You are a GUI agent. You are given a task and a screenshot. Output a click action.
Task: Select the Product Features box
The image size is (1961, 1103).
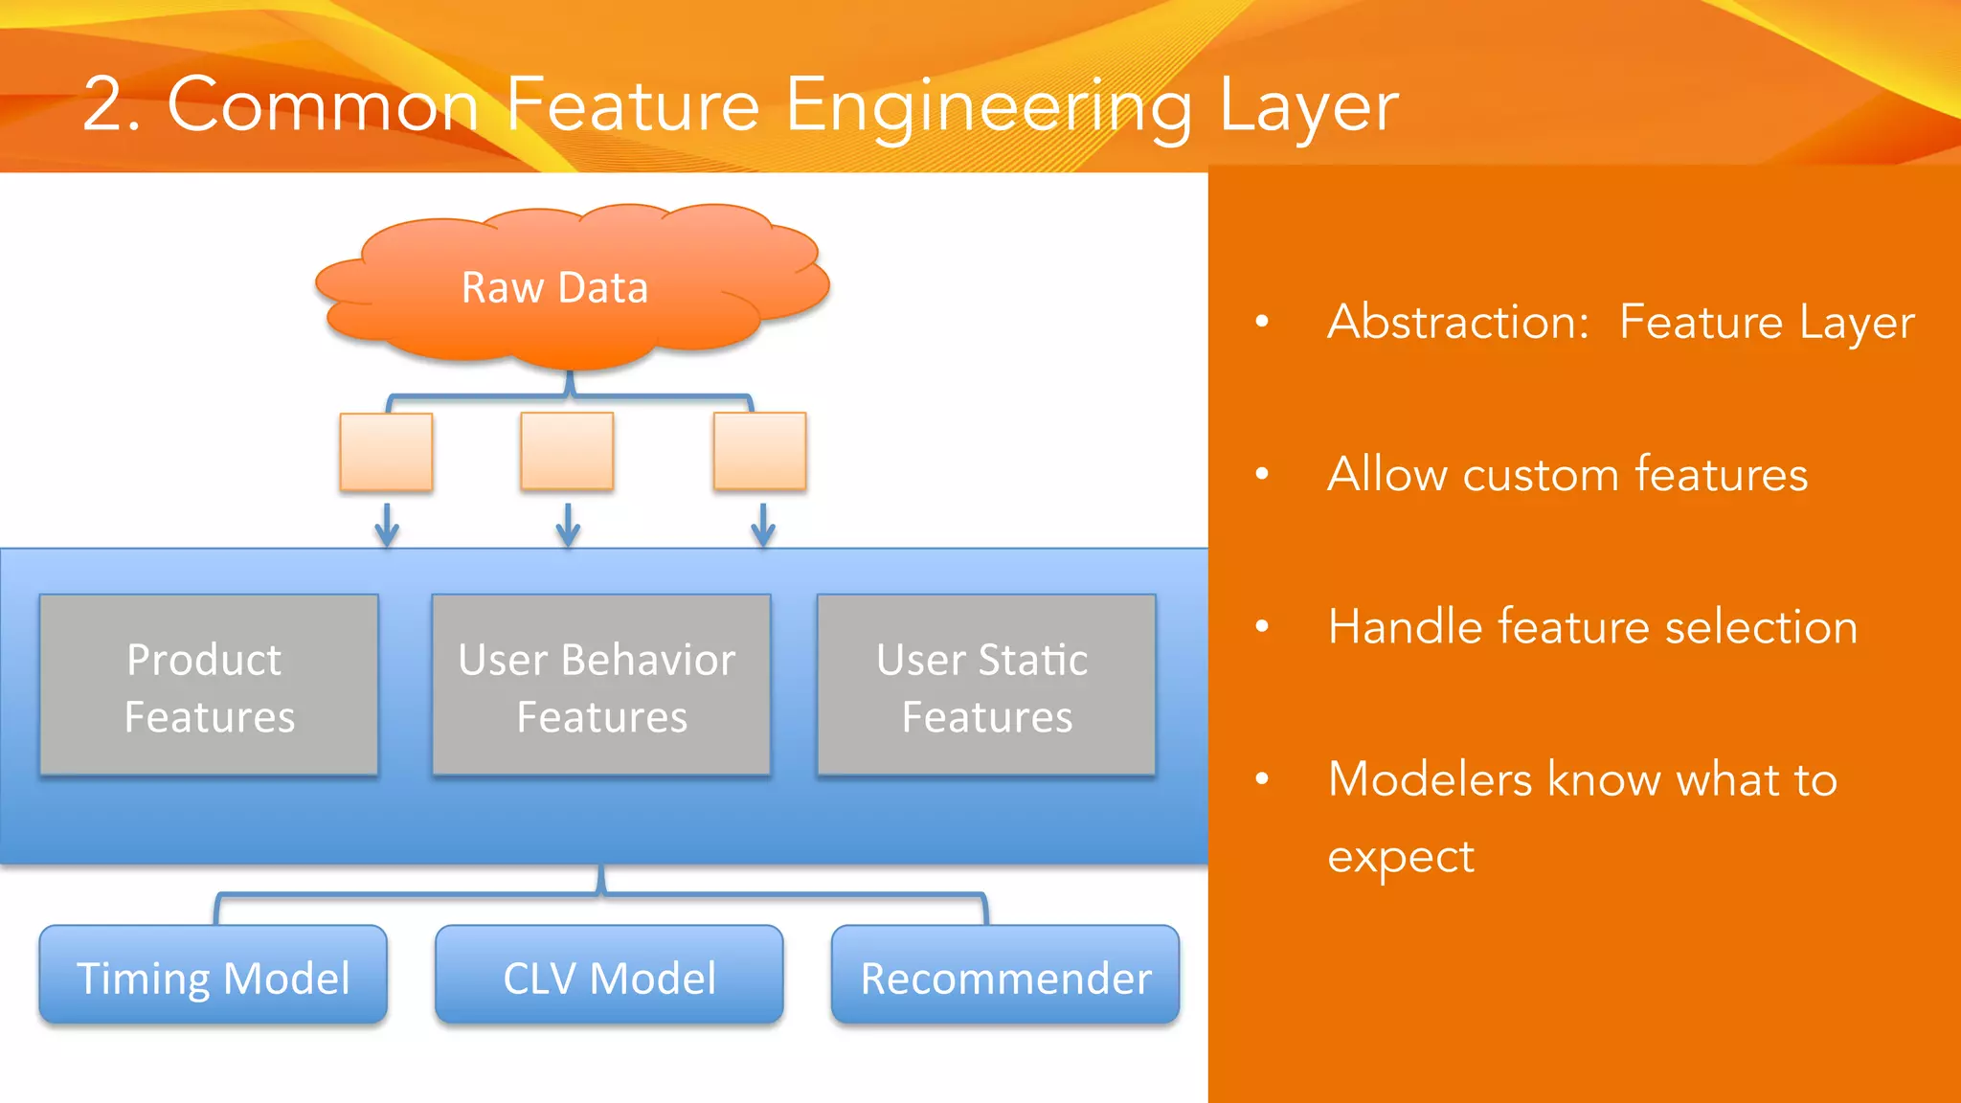(209, 686)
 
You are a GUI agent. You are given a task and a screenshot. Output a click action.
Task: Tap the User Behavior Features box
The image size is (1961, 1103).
(601, 686)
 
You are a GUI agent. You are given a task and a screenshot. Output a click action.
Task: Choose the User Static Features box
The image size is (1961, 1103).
(986, 686)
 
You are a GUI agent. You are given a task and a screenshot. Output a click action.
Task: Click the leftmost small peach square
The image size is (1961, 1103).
(386, 451)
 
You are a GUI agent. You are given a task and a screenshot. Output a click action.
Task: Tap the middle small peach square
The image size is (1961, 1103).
(567, 450)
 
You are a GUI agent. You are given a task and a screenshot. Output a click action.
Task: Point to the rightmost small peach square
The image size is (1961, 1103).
(759, 450)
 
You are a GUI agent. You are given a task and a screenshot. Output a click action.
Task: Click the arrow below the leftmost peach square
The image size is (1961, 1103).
(386, 525)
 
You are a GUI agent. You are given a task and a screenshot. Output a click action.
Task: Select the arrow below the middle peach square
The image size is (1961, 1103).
(568, 525)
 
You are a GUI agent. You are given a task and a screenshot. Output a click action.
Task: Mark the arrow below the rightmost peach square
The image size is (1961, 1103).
(762, 525)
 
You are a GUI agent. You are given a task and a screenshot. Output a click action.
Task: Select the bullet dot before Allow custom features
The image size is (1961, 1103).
(1262, 473)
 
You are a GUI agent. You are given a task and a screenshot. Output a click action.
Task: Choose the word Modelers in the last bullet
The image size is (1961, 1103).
(1430, 779)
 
